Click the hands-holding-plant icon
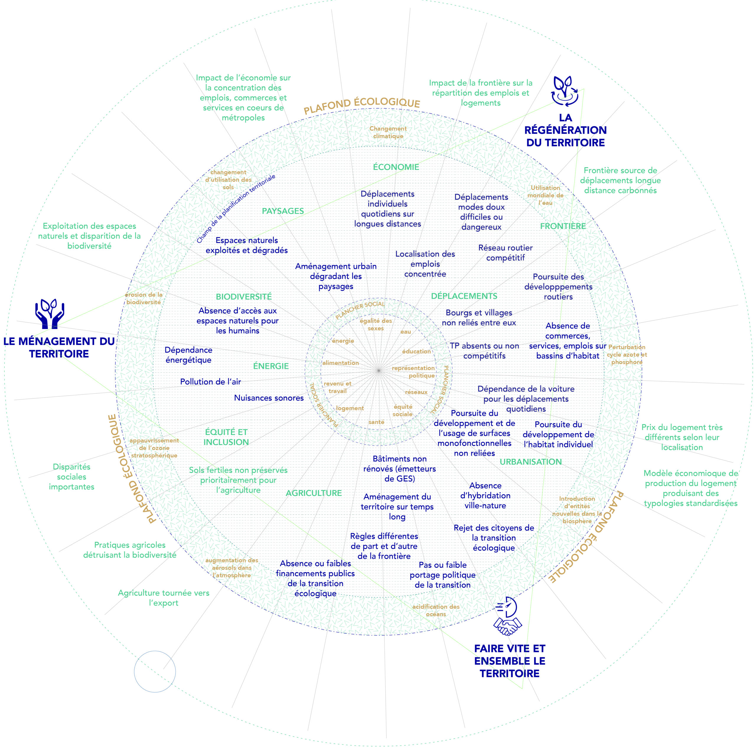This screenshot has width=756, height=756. [x=50, y=314]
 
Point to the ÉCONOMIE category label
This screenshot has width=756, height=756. [x=396, y=167]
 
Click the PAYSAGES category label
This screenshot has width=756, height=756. [x=283, y=211]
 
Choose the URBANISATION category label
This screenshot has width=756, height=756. [x=531, y=462]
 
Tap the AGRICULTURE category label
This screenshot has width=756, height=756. [x=314, y=493]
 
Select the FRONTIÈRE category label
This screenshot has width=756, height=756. [x=563, y=226]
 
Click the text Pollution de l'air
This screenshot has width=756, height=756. [x=211, y=382]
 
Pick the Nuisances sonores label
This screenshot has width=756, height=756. [x=269, y=398]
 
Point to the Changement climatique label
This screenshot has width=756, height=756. [x=388, y=132]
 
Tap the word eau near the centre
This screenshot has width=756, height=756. [x=406, y=332]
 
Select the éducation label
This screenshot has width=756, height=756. [x=416, y=351]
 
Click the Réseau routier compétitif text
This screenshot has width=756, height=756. [x=506, y=253]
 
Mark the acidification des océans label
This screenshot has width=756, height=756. [x=436, y=610]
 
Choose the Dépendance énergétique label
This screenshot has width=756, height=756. [x=189, y=355]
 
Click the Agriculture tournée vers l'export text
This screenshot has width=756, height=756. [x=164, y=598]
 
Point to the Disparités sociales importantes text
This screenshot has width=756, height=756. [x=71, y=477]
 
